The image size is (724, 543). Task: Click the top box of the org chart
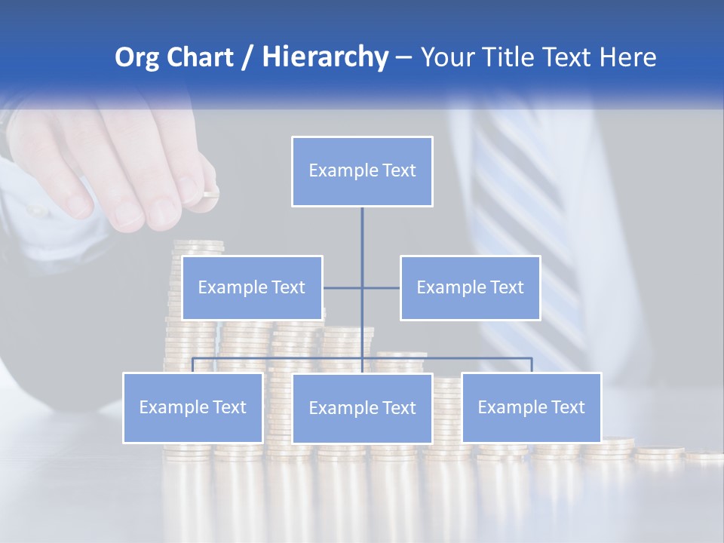pos(362,171)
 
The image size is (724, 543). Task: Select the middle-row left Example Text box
pos(252,287)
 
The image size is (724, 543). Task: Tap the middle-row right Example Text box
pos(470,287)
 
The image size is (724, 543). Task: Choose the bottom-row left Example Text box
pos(192,407)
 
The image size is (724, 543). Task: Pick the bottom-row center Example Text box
pos(362,408)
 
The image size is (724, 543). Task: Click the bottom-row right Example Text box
pos(531,407)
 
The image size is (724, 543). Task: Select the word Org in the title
pos(137,57)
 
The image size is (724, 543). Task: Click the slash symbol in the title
pos(247,58)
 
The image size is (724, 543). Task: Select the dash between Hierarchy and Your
pos(403,58)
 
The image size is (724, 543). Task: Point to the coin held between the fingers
pos(210,194)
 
